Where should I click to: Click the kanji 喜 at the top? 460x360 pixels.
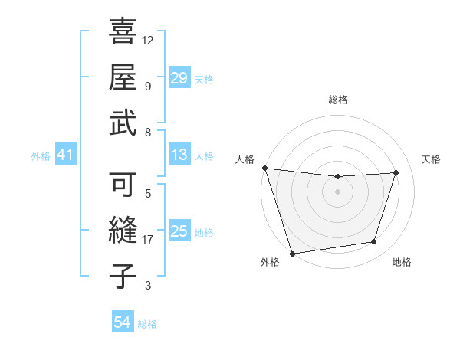click(124, 32)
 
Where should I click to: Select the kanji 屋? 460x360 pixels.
click(124, 77)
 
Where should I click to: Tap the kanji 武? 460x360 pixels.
click(124, 121)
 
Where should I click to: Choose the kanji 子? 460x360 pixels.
click(124, 276)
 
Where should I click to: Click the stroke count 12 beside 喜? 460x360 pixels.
click(148, 40)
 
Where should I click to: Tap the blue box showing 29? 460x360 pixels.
click(179, 78)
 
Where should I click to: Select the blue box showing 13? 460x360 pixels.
click(179, 155)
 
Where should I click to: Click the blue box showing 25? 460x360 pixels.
click(179, 231)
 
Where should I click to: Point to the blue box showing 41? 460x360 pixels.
click(65, 155)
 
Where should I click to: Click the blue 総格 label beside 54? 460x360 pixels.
click(147, 324)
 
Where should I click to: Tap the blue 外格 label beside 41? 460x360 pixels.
click(41, 156)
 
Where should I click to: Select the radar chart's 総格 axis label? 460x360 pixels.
click(337, 100)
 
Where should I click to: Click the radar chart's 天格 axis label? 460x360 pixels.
click(432, 159)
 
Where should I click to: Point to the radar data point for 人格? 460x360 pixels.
click(264, 168)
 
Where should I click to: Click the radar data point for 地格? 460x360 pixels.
click(374, 242)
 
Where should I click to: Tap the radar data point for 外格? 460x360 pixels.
click(292, 253)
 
